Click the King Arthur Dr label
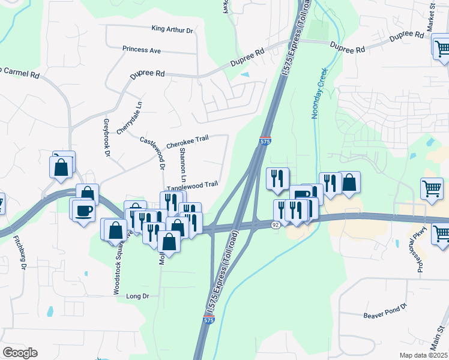click(x=172, y=29)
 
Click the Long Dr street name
click(x=137, y=296)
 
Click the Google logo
click(x=20, y=352)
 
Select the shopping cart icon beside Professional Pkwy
click(x=432, y=189)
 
